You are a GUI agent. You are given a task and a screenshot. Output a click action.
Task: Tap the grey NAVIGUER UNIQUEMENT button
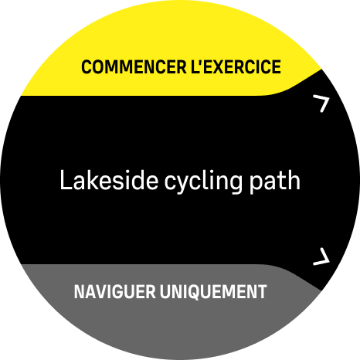click(x=170, y=292)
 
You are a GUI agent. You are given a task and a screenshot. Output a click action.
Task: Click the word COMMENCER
click(x=127, y=67)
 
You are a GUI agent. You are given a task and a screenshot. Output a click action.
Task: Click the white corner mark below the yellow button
click(x=322, y=103)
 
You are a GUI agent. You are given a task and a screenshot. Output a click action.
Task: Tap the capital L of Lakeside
click(x=65, y=182)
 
